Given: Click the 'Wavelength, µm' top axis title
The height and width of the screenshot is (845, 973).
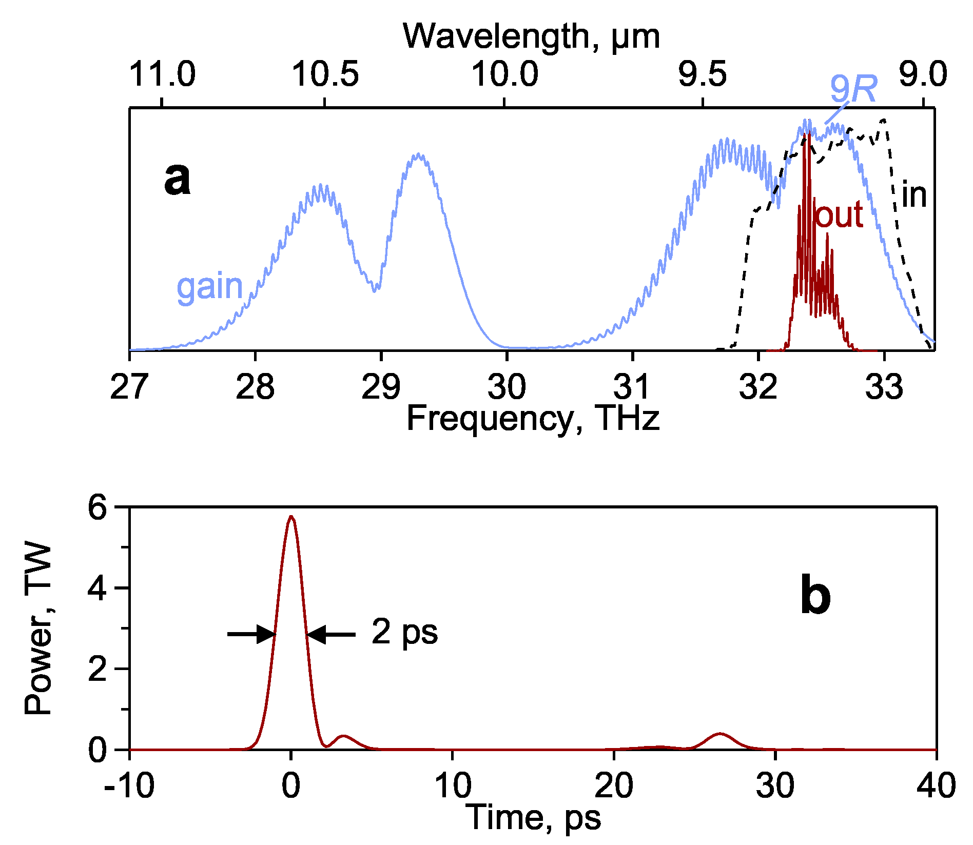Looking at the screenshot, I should [531, 37].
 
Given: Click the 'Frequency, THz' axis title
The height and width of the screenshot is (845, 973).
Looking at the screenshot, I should [532, 418].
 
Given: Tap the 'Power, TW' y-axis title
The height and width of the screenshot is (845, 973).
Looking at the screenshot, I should [38, 628].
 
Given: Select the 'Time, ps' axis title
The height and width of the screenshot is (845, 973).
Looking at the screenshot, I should [534, 817].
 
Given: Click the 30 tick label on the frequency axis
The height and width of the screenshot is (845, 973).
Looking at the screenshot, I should [507, 387].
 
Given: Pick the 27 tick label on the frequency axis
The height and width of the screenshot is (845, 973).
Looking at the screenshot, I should [129, 387].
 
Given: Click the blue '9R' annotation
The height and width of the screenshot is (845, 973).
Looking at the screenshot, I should [853, 90].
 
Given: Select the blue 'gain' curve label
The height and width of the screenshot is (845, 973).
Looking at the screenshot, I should [209, 287].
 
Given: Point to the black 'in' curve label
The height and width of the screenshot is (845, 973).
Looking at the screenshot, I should [914, 195].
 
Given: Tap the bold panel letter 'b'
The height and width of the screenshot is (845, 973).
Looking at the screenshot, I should [815, 597].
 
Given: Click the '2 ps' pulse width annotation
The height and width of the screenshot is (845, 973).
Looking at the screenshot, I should [404, 632].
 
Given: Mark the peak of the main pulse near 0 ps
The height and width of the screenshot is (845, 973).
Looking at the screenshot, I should [291, 517].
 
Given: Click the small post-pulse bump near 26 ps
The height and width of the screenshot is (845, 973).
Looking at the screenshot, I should [721, 734].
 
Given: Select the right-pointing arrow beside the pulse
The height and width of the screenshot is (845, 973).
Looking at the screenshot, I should [251, 635].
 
